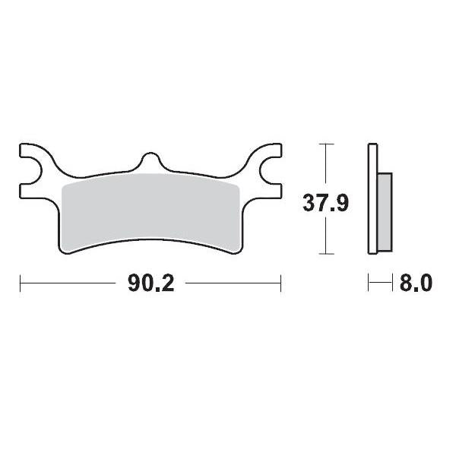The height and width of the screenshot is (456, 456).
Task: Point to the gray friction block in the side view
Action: click(x=385, y=213)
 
